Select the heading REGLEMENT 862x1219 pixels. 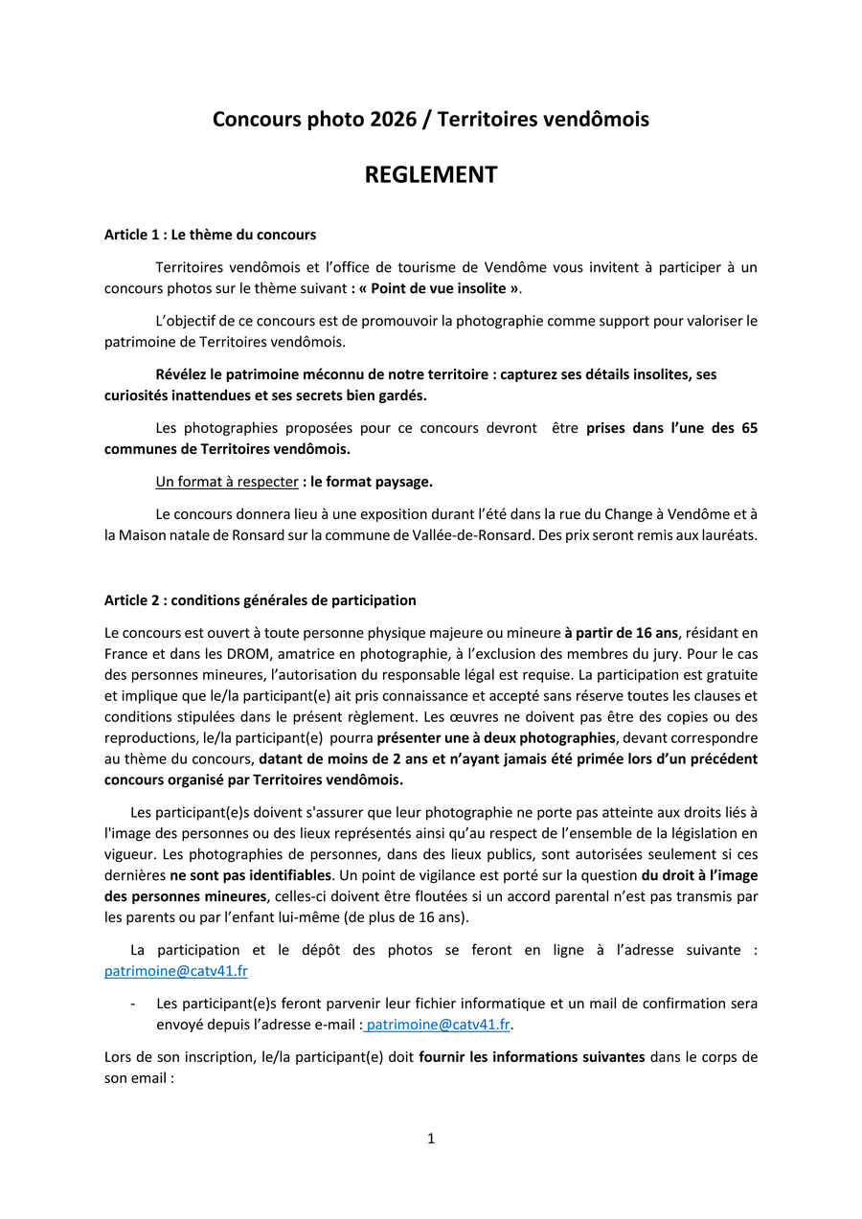(x=430, y=175)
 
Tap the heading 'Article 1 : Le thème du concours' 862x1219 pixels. (x=210, y=235)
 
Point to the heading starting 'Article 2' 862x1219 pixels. (x=260, y=600)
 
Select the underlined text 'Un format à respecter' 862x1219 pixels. (x=227, y=482)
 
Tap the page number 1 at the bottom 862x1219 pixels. (x=431, y=1139)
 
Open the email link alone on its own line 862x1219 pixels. (x=175, y=971)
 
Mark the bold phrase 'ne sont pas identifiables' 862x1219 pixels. (x=251, y=875)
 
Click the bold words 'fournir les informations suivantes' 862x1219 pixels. (x=532, y=1057)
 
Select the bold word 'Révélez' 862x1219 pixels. (x=184, y=374)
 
